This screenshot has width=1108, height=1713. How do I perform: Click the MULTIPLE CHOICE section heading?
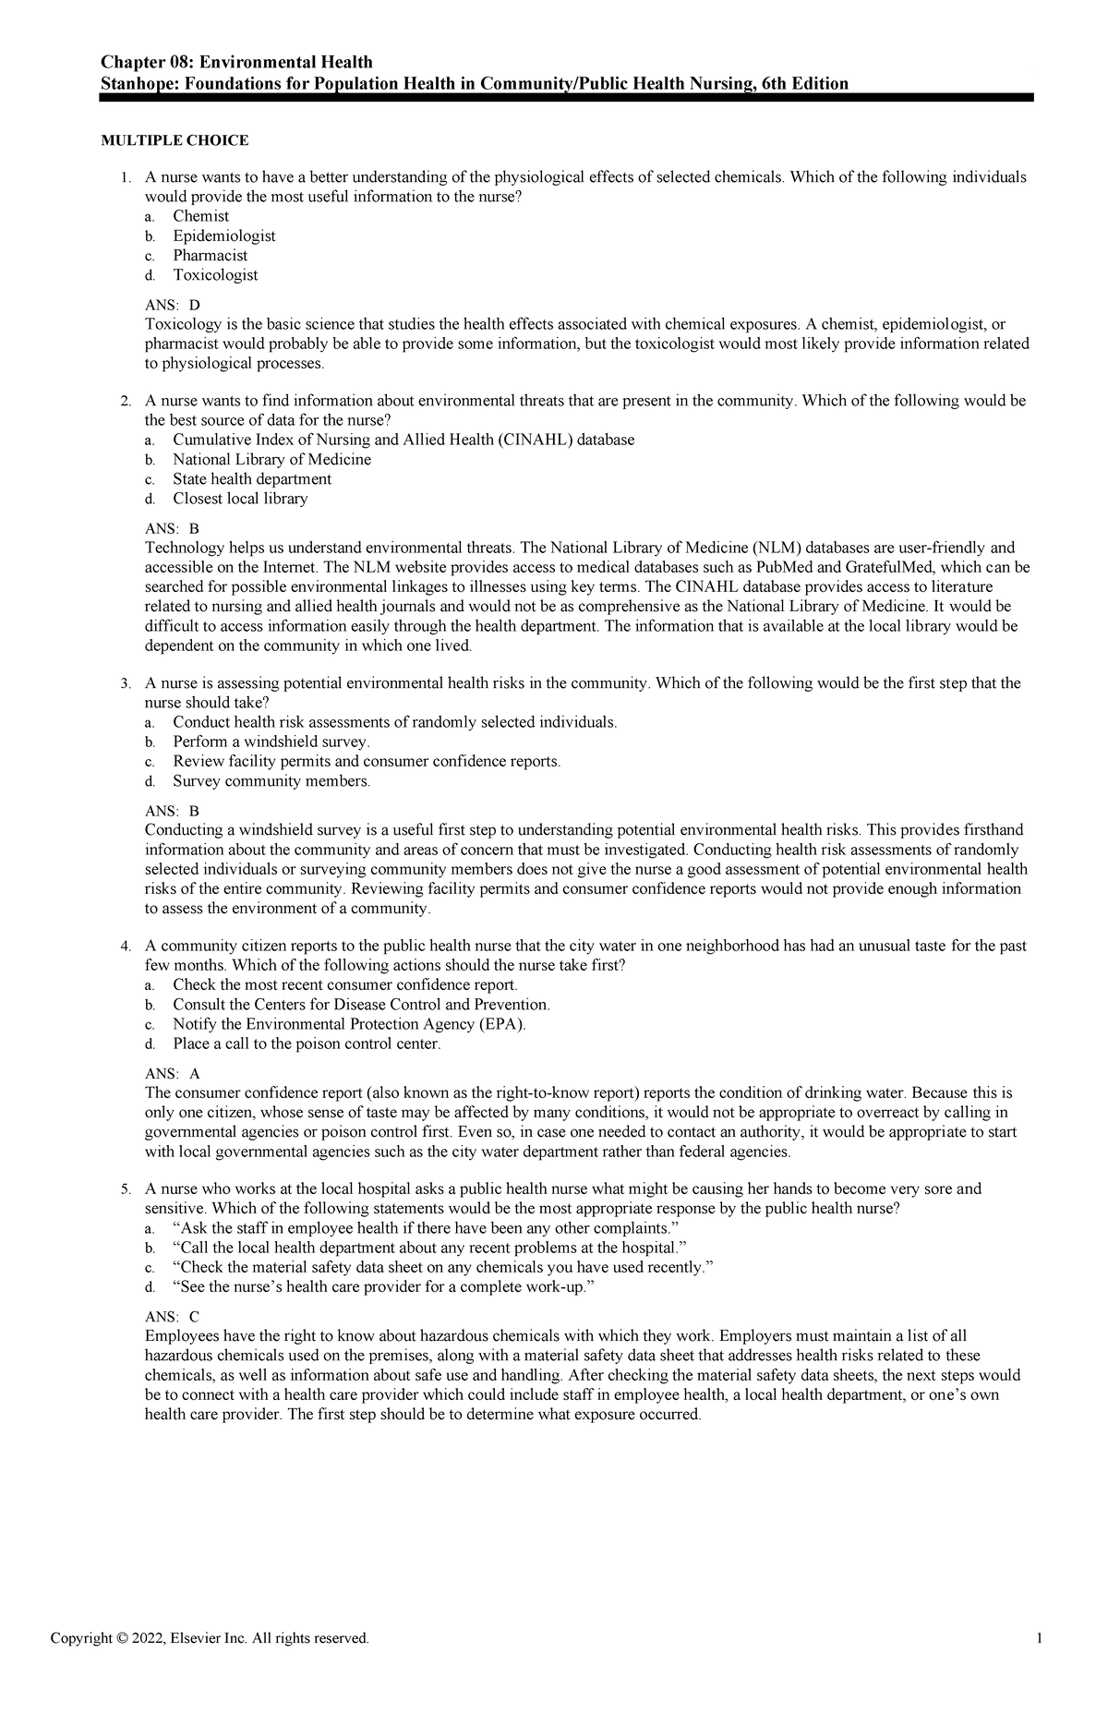point(175,140)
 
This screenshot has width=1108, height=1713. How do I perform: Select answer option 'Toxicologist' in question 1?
point(215,275)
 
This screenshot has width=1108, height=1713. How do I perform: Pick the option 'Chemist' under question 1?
point(200,216)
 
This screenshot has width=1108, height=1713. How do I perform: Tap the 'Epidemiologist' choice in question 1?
point(223,235)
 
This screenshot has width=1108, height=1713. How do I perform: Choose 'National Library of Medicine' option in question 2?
point(271,460)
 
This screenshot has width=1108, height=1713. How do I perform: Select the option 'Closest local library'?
point(240,499)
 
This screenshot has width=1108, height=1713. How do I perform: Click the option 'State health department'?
point(251,479)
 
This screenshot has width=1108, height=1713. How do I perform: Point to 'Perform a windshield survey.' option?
point(271,742)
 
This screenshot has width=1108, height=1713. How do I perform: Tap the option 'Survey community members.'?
point(271,781)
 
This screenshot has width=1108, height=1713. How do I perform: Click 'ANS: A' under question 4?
point(172,1074)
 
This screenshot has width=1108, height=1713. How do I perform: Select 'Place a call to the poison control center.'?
point(307,1044)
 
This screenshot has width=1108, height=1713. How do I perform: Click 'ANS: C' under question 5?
point(172,1317)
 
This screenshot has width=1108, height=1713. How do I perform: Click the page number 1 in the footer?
point(1040,1638)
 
